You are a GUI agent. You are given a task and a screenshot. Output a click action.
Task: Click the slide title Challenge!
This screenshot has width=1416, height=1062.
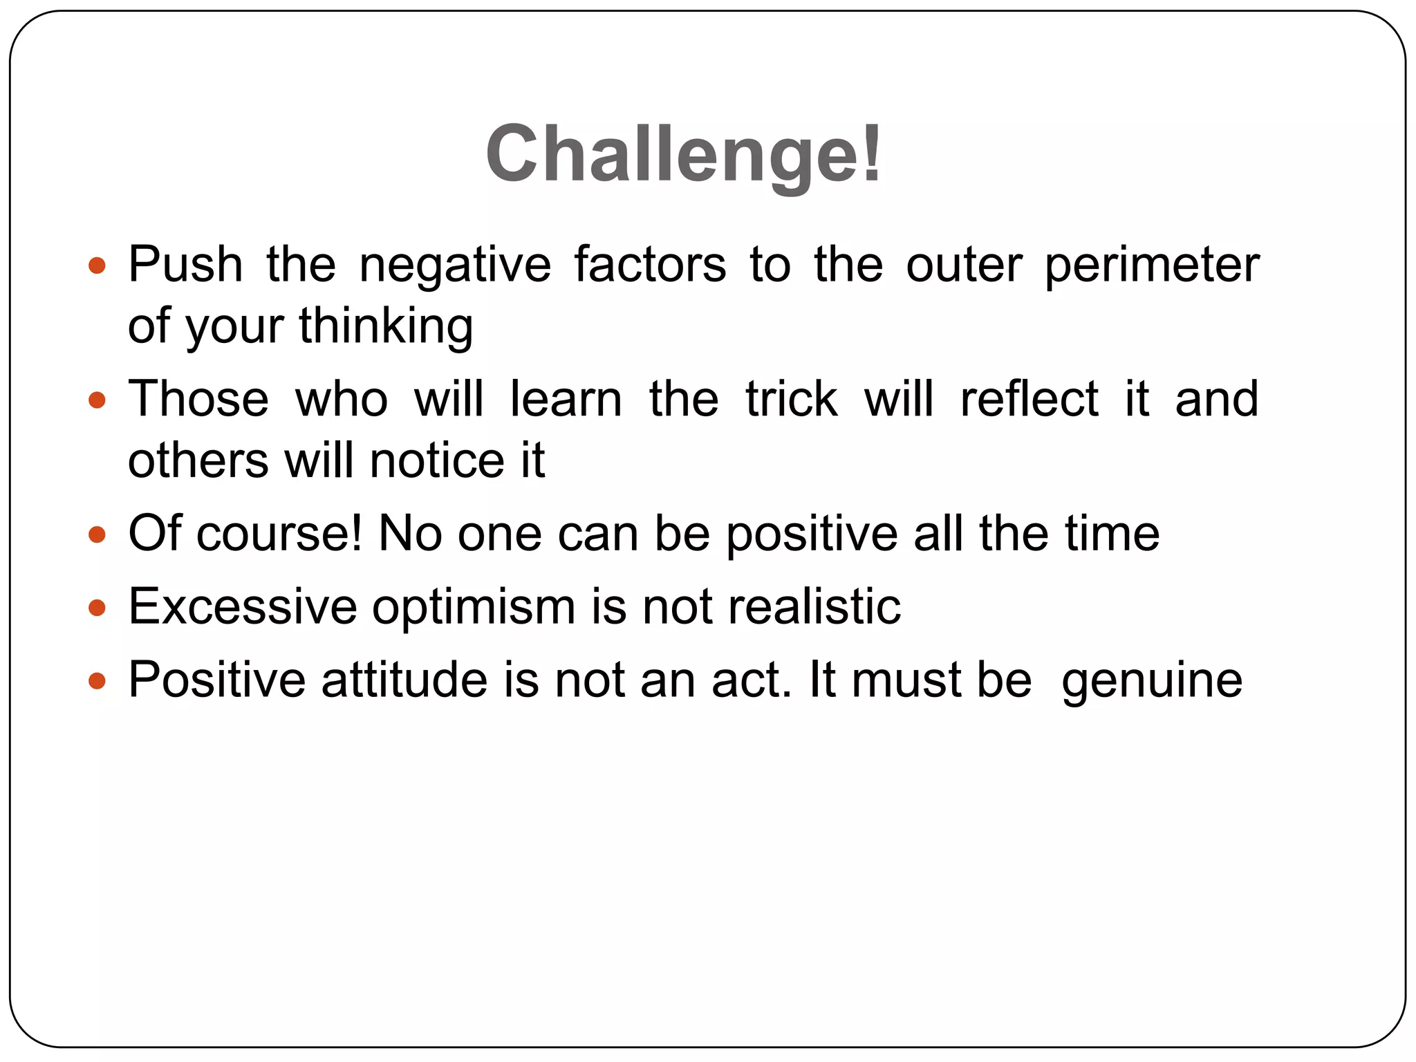[683, 153]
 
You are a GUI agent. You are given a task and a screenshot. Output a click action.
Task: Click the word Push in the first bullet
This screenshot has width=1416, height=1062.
[185, 265]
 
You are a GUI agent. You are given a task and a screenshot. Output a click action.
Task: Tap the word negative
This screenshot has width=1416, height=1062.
[455, 265]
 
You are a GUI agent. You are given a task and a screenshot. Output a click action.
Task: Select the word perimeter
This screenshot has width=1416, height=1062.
[1151, 265]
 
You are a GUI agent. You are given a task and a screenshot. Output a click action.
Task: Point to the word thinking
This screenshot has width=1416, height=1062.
[386, 326]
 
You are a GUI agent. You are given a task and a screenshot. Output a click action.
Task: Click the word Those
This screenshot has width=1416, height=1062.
[198, 400]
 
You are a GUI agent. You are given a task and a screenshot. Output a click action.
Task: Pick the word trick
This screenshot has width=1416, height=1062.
[792, 400]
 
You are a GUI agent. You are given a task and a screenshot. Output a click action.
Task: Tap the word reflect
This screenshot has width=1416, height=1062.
[1029, 400]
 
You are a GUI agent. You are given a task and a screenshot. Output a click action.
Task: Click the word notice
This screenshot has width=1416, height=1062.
[438, 461]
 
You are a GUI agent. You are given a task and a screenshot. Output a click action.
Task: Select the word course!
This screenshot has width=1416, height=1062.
[279, 534]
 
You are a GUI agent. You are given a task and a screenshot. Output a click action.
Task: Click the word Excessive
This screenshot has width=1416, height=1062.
[243, 607]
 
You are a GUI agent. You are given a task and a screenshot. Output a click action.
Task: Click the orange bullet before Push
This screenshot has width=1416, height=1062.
[97, 265]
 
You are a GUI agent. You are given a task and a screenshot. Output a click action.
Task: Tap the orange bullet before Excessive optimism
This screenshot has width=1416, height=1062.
[97, 608]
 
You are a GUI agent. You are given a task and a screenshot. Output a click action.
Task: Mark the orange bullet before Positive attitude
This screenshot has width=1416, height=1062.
[97, 681]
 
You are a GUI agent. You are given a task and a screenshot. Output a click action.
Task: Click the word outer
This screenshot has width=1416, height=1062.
[964, 265]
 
